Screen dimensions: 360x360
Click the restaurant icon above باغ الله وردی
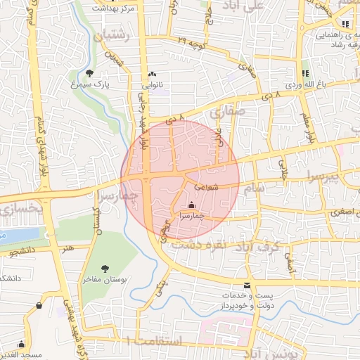(x=305, y=73)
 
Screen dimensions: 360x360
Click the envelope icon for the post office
(x=247, y=285)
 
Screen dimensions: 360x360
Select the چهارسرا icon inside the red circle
(x=191, y=205)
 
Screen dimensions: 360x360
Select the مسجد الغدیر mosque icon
(x=21, y=345)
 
